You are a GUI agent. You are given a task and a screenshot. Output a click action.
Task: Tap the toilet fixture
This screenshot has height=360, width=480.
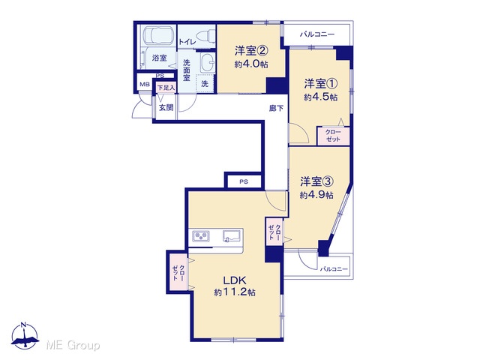point(205,37)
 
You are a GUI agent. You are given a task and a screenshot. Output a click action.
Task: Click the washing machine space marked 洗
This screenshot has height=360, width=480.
point(205,83)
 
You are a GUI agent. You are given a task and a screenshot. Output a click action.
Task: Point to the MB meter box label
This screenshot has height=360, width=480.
point(145,85)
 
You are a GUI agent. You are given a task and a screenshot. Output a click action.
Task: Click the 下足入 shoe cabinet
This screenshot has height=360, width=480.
point(166,88)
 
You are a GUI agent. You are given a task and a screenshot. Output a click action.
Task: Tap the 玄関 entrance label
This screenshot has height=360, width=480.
point(166,107)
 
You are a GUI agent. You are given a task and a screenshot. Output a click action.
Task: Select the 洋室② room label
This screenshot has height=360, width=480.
point(251,51)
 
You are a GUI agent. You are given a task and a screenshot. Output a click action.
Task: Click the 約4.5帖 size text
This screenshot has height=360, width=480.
point(320,97)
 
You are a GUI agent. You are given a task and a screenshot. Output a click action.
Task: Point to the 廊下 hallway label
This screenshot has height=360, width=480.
point(276,108)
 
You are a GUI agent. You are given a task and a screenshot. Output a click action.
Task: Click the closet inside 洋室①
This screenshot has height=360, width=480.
point(333,136)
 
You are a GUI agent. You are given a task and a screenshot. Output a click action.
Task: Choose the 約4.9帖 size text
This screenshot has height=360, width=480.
point(316,195)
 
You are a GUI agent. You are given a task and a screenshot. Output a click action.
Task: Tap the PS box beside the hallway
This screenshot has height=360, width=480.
point(244,181)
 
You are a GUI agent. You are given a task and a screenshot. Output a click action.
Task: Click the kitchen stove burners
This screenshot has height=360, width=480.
point(201,236)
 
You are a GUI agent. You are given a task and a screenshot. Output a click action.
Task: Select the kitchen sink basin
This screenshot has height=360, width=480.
point(232,236)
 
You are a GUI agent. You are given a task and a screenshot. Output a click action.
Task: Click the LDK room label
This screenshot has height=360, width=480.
point(235,280)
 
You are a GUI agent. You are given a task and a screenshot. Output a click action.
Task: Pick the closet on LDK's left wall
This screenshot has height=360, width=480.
point(178,272)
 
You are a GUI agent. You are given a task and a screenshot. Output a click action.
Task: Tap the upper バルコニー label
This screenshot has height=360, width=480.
point(316,34)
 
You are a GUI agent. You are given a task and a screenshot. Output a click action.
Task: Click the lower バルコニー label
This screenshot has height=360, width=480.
point(334,269)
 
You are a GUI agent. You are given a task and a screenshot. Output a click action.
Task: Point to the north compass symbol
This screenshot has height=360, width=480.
point(25,336)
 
